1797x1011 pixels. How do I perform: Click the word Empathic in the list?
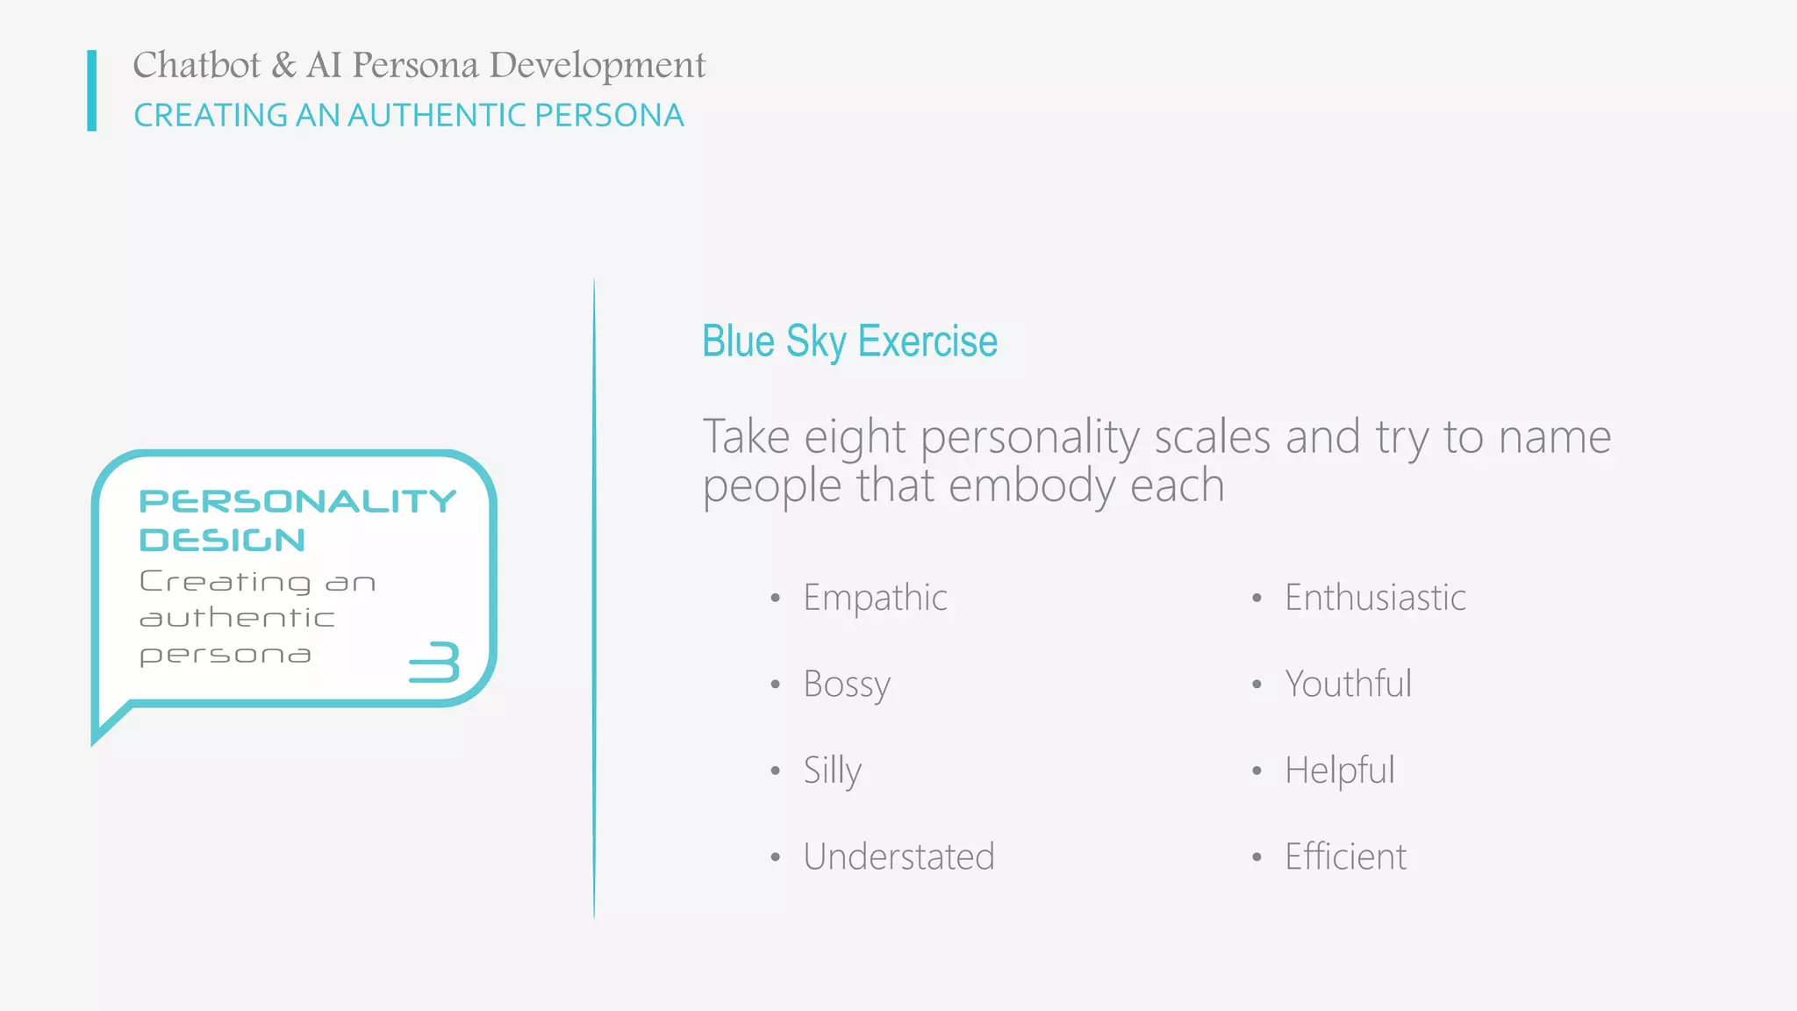875,599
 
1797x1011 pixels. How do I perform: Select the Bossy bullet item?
847,685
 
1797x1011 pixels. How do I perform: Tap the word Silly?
832,771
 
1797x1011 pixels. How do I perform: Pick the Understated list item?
898,857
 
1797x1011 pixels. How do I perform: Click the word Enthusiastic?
1375,599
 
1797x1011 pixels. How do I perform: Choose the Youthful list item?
1348,685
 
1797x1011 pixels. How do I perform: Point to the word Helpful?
1339,771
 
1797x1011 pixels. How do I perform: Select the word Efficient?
1345,857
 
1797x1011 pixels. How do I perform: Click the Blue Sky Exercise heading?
849,341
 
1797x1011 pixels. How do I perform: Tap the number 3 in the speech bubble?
435,663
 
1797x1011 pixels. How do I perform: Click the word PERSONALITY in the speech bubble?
297,501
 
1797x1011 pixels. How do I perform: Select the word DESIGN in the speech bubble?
222,540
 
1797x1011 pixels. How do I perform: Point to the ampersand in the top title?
283,66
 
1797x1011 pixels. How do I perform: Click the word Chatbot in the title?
197,66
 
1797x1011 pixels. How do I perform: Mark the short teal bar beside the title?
91,90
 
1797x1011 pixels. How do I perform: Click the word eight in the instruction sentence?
855,437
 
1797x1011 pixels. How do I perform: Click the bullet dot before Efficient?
1256,857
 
